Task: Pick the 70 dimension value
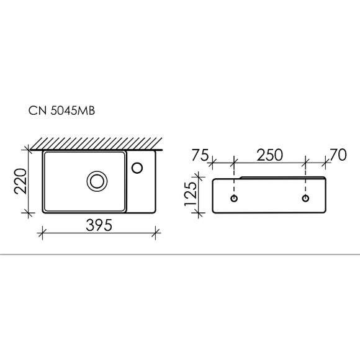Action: click(x=338, y=155)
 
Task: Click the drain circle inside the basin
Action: click(x=96, y=181)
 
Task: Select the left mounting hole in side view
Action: click(x=233, y=198)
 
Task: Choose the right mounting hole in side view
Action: click(x=305, y=198)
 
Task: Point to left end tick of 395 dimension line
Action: click(x=42, y=234)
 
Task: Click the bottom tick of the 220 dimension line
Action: click(x=29, y=214)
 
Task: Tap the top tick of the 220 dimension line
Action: click(x=29, y=149)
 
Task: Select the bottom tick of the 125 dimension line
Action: click(x=199, y=214)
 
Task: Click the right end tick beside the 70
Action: click(x=326, y=164)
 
